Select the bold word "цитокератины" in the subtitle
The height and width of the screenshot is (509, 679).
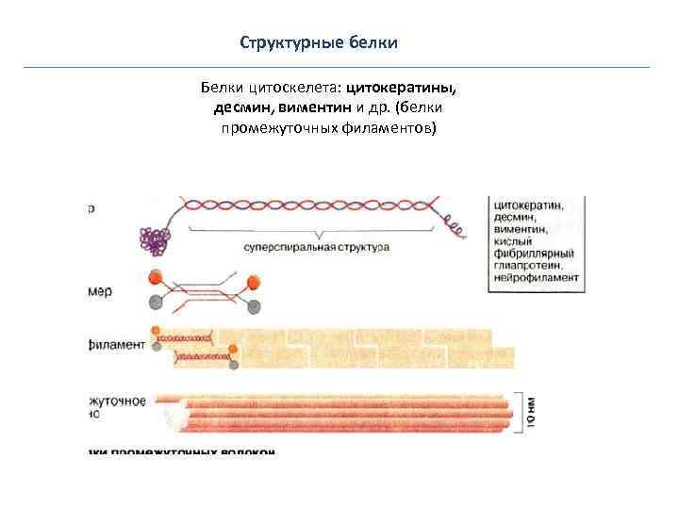[402, 88]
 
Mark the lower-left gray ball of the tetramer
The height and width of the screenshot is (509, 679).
[155, 301]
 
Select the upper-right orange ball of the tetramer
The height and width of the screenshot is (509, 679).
[252, 281]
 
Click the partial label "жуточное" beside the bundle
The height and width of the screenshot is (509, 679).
[118, 402]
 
